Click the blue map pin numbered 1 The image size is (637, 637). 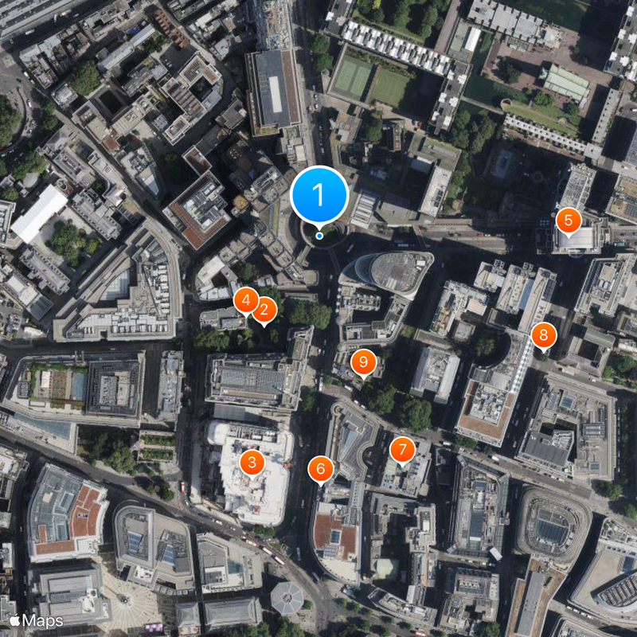click(x=319, y=194)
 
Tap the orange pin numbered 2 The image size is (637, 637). click(x=264, y=309)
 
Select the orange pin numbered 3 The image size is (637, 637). click(x=252, y=461)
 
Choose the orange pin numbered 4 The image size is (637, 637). click(x=246, y=300)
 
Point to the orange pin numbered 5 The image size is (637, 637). click(x=568, y=219)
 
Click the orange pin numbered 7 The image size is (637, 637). click(x=402, y=450)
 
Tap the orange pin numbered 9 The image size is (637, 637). click(x=363, y=362)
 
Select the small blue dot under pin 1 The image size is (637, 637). click(x=319, y=235)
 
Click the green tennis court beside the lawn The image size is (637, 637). click(x=351, y=77)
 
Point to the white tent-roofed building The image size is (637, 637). click(x=37, y=213)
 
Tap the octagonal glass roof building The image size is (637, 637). click(x=287, y=597)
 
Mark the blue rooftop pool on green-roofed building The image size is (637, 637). click(x=79, y=387)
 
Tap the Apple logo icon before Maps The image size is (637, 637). click(x=14, y=620)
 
